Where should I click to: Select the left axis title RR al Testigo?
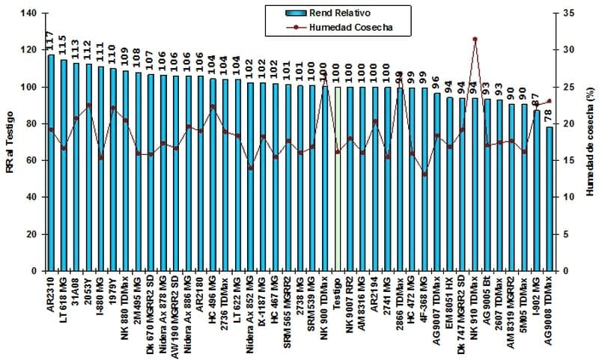[10, 142]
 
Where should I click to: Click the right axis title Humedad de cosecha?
[590, 142]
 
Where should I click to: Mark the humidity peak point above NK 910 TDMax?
[475, 39]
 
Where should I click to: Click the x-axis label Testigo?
[338, 292]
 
